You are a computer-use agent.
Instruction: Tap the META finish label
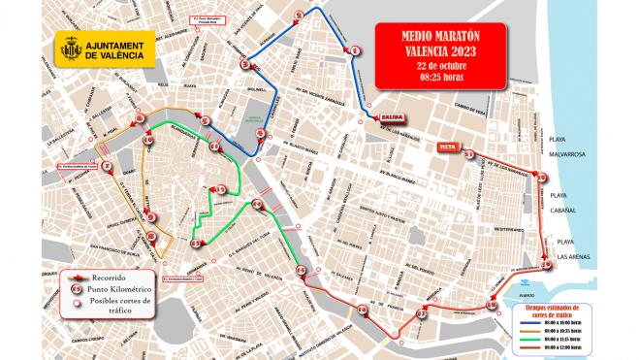(447, 147)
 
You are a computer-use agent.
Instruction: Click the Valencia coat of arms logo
(70, 49)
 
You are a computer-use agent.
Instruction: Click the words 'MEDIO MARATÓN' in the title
(440, 36)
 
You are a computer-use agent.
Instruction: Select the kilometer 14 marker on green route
(257, 205)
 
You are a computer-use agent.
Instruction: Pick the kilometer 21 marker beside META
(469, 154)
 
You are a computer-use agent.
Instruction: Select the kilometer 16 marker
(362, 310)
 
